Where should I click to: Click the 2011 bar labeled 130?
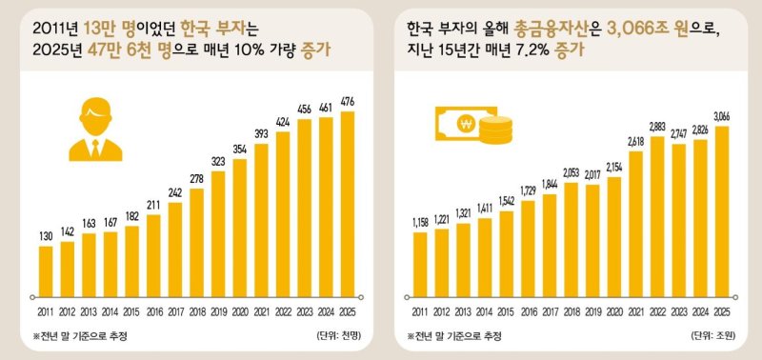pos(46,270)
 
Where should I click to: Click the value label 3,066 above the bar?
pos(721,116)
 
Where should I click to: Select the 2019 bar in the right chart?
pos(592,238)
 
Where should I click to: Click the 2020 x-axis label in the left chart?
pos(239,311)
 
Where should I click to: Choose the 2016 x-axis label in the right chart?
pos(528,311)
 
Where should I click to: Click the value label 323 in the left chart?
pos(218,163)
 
